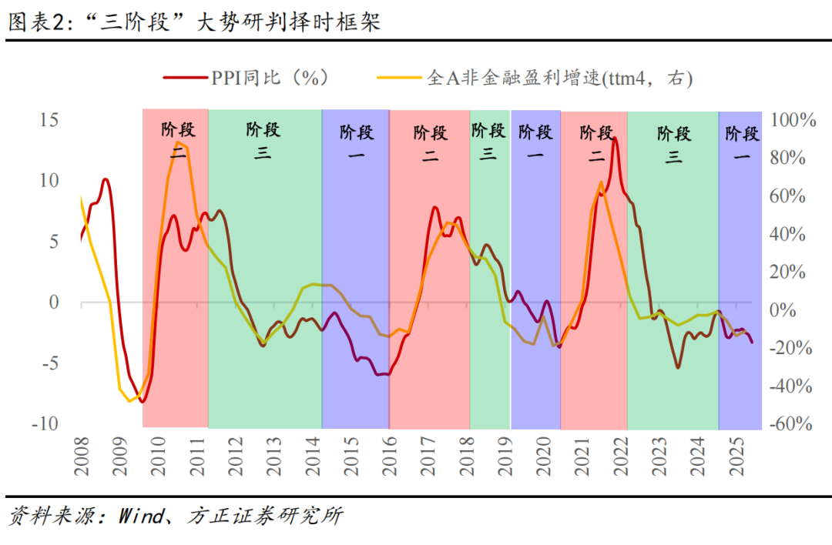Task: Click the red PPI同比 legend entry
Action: point(247,78)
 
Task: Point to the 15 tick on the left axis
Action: point(50,120)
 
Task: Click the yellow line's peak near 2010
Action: point(179,142)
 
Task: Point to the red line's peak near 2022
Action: point(614,139)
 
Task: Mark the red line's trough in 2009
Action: point(143,401)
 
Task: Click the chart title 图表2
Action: point(39,22)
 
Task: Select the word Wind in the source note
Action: point(139,516)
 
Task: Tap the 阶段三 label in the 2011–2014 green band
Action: point(263,140)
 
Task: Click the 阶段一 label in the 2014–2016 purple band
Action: point(357,142)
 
